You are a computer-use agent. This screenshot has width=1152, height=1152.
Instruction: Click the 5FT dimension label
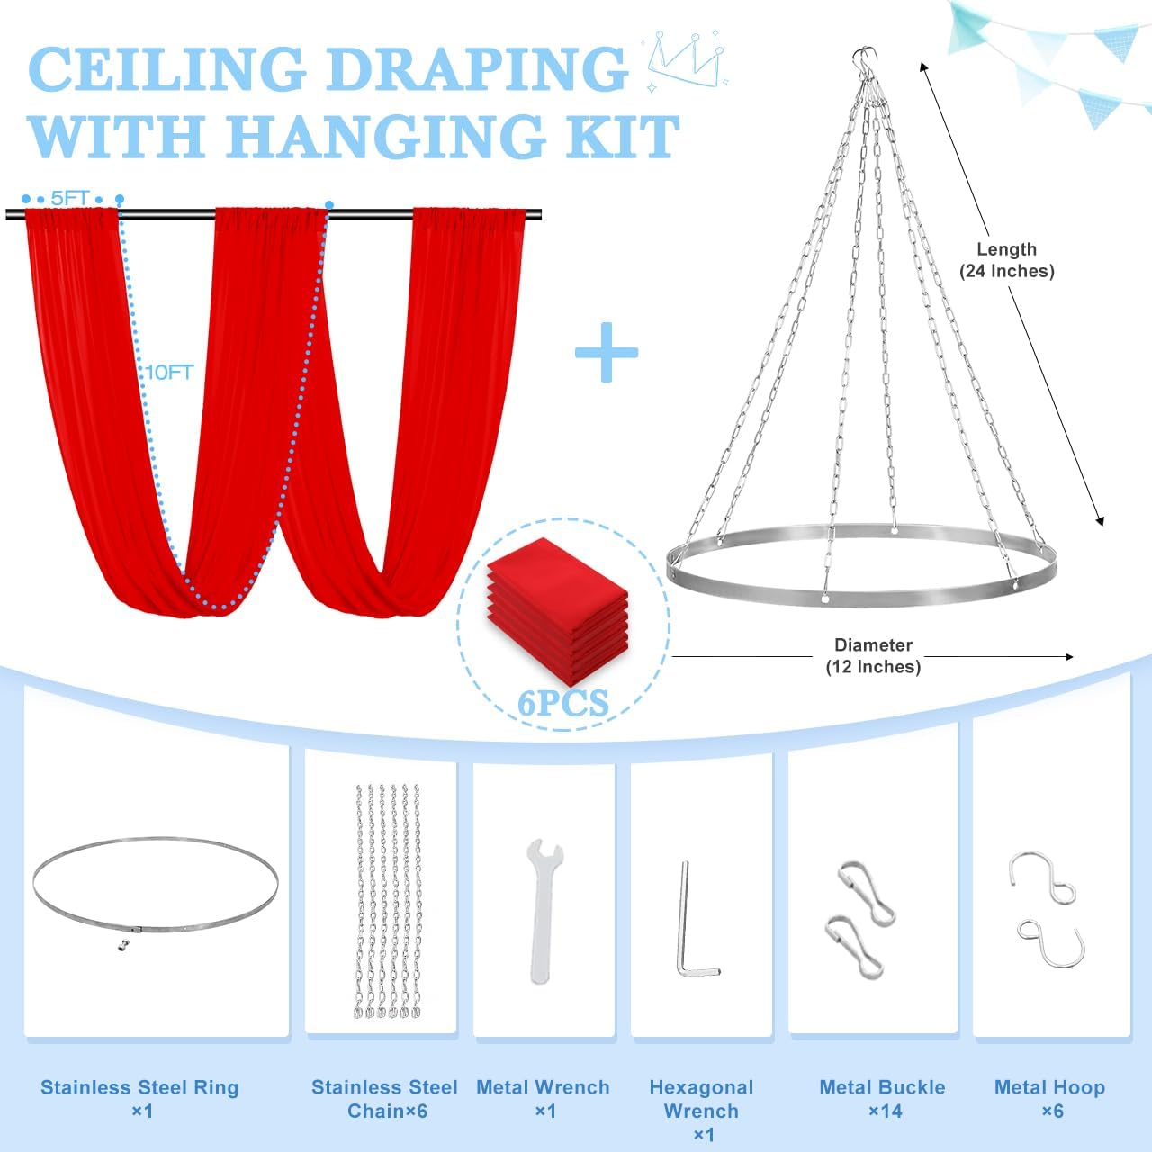coord(70,198)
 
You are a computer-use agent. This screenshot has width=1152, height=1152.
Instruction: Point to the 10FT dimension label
coord(169,373)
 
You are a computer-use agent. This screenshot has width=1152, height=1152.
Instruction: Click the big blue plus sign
coord(607,352)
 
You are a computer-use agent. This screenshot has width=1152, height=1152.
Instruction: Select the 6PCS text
coord(562,703)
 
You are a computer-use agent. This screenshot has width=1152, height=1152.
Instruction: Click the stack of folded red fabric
coord(558,611)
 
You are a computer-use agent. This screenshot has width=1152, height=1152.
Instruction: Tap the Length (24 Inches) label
coord(1007,260)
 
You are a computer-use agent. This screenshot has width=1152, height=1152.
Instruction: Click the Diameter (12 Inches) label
coord(873,655)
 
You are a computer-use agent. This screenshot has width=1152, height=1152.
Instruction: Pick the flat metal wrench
coord(543,911)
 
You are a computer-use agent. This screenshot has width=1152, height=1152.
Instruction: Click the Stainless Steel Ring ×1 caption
coord(139,1100)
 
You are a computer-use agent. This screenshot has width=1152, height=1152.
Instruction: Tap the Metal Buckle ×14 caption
coord(882,1100)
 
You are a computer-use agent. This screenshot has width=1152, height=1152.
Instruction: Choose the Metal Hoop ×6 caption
coord(1049,1100)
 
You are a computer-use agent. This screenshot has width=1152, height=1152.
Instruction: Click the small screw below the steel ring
coord(123,945)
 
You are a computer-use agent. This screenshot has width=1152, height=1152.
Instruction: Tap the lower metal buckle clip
coord(856,948)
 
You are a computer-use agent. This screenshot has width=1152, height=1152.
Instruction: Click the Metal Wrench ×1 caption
coord(543,1100)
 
